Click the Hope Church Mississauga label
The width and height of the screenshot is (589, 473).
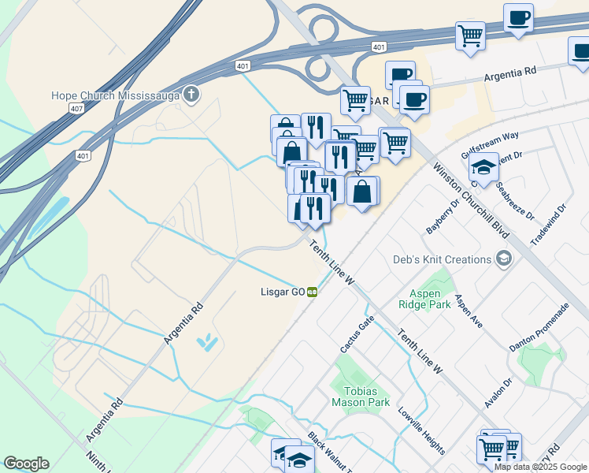click(x=115, y=95)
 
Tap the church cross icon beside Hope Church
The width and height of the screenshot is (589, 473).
click(x=191, y=95)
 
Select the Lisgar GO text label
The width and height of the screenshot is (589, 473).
click(x=283, y=292)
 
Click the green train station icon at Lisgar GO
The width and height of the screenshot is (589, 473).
click(x=313, y=292)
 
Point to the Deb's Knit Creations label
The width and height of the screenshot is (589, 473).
click(x=442, y=259)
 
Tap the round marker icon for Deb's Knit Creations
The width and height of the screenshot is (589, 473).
click(x=503, y=259)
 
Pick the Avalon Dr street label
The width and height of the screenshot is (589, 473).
click(x=498, y=392)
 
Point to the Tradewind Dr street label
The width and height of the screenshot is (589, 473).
click(x=548, y=225)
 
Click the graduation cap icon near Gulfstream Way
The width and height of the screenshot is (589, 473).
click(x=485, y=168)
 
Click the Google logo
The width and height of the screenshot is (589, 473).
click(x=26, y=464)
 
